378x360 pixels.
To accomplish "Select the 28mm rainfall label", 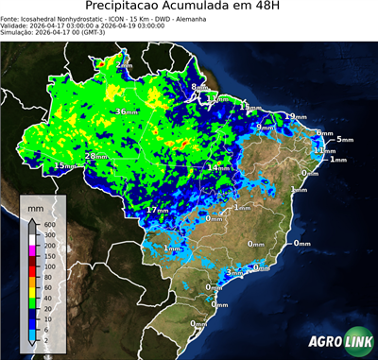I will coord(94,156).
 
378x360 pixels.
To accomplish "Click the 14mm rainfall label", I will coord(219,167).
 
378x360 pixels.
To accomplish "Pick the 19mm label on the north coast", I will coord(296,116).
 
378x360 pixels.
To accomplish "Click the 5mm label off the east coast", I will coord(344,140).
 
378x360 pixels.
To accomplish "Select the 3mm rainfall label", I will coord(233,273).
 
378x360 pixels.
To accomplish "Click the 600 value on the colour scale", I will coord(49,224).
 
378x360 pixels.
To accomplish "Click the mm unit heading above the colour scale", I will coord(36,205).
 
